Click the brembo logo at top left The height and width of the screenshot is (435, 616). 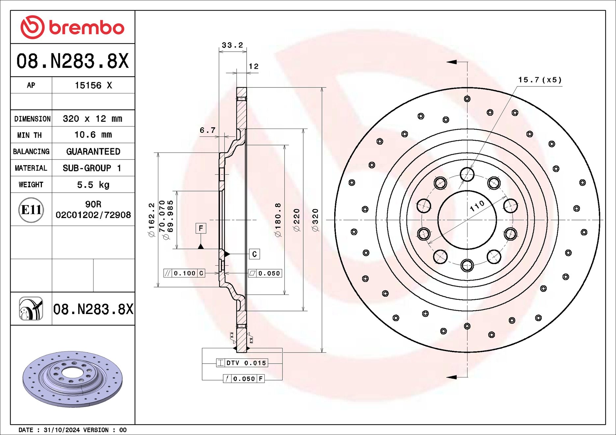pyautogui.click(x=72, y=27)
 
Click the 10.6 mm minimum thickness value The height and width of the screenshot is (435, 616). pyautogui.click(x=93, y=135)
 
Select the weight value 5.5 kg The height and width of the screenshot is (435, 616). pyautogui.click(x=93, y=184)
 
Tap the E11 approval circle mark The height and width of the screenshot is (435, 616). pyautogui.click(x=31, y=210)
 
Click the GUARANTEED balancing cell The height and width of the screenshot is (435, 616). pyautogui.click(x=93, y=152)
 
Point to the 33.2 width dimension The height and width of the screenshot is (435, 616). pyautogui.click(x=232, y=45)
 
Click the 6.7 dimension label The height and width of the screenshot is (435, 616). pyautogui.click(x=207, y=130)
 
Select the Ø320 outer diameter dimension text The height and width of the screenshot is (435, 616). pyautogui.click(x=315, y=220)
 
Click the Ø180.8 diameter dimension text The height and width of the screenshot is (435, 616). pyautogui.click(x=278, y=220)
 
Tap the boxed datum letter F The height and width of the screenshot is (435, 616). pyautogui.click(x=201, y=228)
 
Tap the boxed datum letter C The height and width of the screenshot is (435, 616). pyautogui.click(x=254, y=254)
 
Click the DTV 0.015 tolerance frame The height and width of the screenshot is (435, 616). pyautogui.click(x=242, y=363)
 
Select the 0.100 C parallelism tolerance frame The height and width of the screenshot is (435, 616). pyautogui.click(x=184, y=273)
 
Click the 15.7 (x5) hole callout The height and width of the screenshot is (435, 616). pyautogui.click(x=540, y=80)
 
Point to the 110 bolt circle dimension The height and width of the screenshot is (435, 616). pyautogui.click(x=477, y=206)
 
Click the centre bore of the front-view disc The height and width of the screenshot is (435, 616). pyautogui.click(x=467, y=220)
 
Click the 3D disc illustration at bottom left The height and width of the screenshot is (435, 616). pyautogui.click(x=72, y=379)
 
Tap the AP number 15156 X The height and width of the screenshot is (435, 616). pyautogui.click(x=93, y=85)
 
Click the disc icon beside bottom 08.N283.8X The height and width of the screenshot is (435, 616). pyautogui.click(x=31, y=308)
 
